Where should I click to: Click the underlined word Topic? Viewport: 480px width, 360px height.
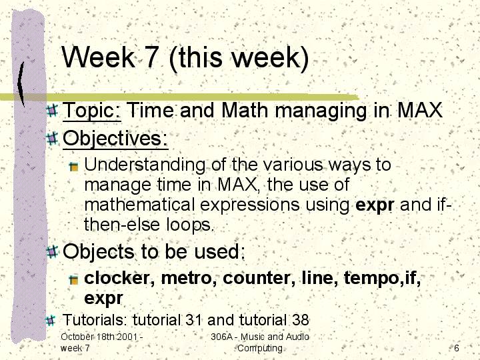click(x=92, y=111)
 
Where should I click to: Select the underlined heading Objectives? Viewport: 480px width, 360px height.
click(x=115, y=139)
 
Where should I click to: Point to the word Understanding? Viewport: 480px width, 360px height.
click(x=145, y=165)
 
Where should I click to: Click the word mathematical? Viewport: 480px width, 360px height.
click(x=139, y=205)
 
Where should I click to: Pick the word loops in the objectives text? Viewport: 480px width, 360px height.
click(x=189, y=225)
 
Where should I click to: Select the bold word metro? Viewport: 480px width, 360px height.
click(x=187, y=278)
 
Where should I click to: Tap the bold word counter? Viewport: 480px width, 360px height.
click(x=257, y=278)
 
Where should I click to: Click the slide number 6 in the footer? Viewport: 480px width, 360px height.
click(x=457, y=348)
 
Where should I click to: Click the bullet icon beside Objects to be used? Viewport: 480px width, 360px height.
click(x=53, y=251)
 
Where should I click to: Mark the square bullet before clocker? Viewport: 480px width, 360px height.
click(x=73, y=280)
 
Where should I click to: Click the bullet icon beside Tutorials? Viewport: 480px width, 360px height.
click(x=51, y=320)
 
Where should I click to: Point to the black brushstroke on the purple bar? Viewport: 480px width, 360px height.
click(x=21, y=83)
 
